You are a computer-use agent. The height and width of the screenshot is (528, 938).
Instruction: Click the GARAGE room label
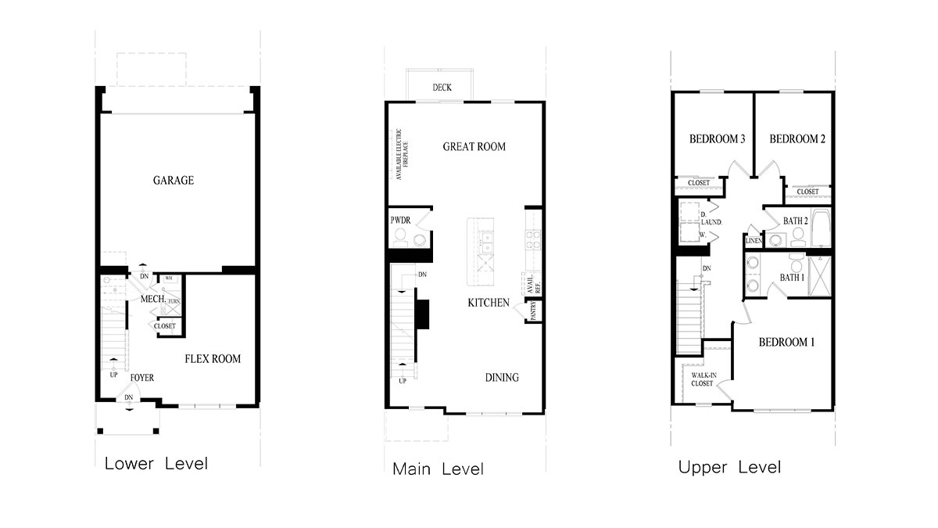click(x=174, y=181)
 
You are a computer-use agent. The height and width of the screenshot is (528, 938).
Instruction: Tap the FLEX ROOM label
click(x=213, y=359)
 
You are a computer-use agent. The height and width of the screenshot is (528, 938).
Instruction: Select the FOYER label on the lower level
click(x=142, y=379)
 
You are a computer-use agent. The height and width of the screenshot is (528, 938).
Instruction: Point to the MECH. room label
click(x=152, y=300)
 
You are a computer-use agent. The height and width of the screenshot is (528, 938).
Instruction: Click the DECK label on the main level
click(x=442, y=88)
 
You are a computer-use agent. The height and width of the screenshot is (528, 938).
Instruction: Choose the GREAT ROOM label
click(x=474, y=146)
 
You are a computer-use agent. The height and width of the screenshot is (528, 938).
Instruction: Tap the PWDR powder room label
click(x=400, y=221)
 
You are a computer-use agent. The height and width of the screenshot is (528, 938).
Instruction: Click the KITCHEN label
click(x=489, y=303)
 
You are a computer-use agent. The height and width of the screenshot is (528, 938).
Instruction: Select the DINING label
click(x=502, y=378)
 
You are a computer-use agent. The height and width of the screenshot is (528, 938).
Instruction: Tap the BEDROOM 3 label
click(x=717, y=139)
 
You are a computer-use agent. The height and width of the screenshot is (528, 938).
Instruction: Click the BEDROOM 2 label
click(x=797, y=139)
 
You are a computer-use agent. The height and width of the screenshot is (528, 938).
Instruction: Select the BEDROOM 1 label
click(x=787, y=343)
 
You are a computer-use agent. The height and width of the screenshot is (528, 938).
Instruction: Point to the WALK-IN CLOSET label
click(x=702, y=379)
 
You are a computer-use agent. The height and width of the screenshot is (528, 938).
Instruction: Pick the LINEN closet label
click(x=754, y=241)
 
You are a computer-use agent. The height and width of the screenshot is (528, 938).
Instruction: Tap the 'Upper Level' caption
click(x=729, y=468)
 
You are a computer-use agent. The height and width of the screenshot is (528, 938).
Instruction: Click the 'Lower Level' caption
click(x=156, y=463)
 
